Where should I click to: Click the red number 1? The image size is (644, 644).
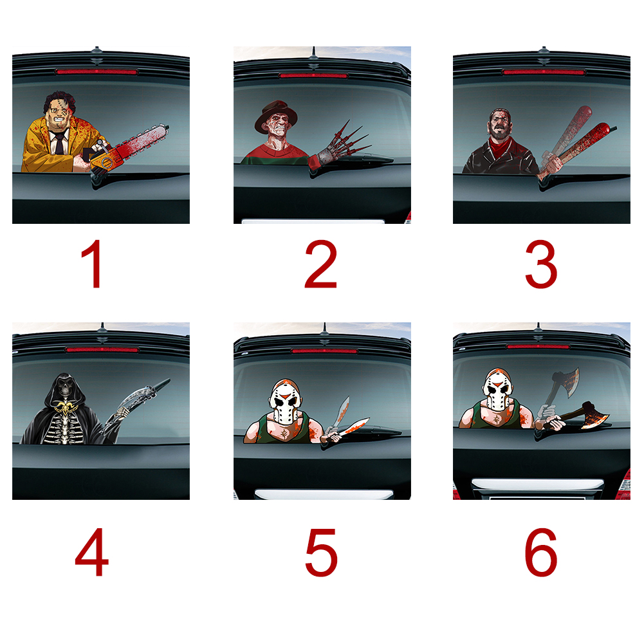coord(94,264)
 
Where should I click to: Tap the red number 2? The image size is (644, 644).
coord(321,264)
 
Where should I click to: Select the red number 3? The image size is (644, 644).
coord(541,264)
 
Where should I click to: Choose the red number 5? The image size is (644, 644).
coord(322,553)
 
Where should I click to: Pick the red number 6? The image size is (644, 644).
coord(541,553)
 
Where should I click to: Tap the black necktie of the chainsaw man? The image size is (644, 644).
coord(60,143)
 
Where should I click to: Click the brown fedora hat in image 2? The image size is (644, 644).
coord(275,115)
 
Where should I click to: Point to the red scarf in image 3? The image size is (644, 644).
coord(501,148)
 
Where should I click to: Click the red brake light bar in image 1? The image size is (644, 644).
coord(97,72)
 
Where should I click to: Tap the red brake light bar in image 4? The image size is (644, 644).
coord(102,349)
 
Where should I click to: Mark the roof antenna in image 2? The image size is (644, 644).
coord(313,54)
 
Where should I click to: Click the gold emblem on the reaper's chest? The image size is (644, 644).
coord(67,408)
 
